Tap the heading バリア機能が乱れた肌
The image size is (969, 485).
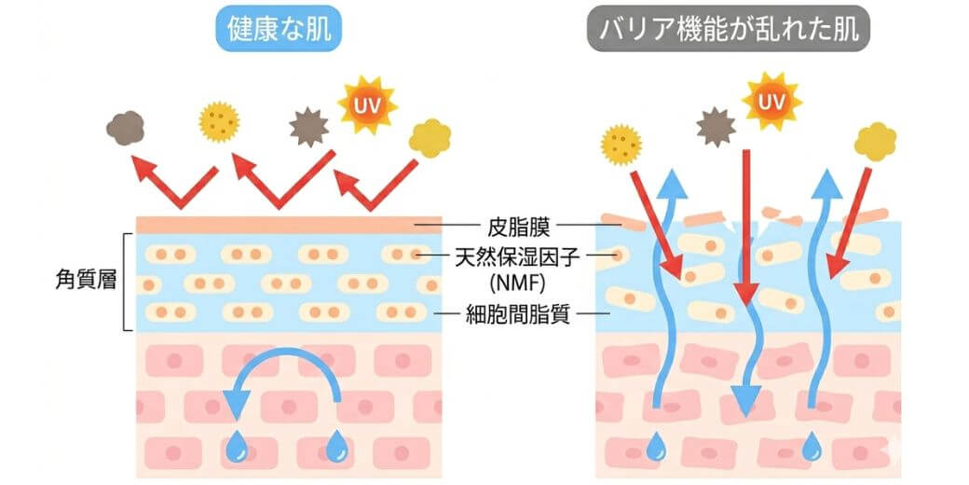coord(729,30)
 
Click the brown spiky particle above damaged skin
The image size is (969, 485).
coord(716,126)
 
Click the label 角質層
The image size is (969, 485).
coord(79,279)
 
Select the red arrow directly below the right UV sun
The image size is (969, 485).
coord(746,224)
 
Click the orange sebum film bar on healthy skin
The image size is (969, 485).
coord(275,225)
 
